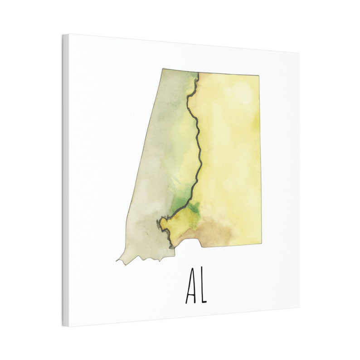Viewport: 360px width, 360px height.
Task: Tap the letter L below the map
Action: tap(202, 289)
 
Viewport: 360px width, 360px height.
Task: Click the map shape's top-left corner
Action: tap(163, 69)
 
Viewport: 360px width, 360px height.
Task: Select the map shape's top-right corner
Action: tap(259, 75)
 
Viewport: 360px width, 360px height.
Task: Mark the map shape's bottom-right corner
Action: tap(261, 244)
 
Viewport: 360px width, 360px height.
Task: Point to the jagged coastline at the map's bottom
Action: tap(145, 258)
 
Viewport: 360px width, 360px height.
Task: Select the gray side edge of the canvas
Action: tap(66, 181)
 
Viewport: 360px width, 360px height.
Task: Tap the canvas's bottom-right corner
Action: tap(299, 308)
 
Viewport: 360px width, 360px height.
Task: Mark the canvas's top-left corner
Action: tap(63, 34)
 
